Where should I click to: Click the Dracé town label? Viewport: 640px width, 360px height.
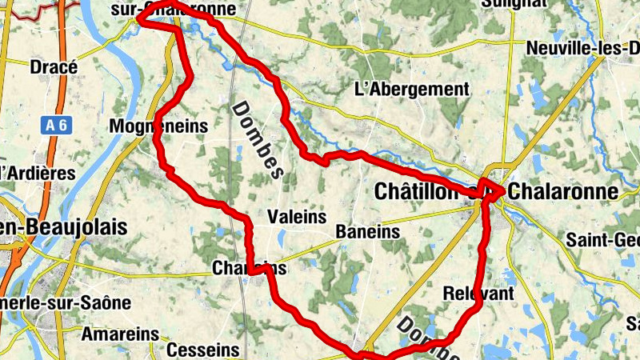(x=54, y=67)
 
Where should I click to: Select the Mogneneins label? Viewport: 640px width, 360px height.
(x=158, y=126)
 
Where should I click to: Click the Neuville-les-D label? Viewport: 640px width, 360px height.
(x=582, y=49)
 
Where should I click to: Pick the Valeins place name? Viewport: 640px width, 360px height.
(x=298, y=217)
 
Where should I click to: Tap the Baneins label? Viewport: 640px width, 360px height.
(x=367, y=231)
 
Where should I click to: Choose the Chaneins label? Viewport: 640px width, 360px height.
(x=249, y=268)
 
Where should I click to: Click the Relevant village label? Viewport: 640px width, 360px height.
(x=478, y=294)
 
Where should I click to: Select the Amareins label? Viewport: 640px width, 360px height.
(x=120, y=333)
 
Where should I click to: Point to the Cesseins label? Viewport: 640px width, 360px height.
(x=203, y=350)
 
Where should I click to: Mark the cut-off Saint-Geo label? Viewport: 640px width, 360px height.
(x=602, y=239)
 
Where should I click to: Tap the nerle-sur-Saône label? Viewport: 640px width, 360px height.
(x=65, y=302)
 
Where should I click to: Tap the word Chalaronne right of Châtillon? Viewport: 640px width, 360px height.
(x=563, y=192)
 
